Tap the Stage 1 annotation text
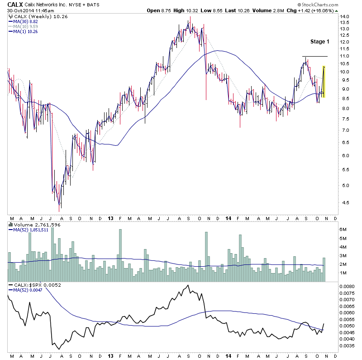(320, 42)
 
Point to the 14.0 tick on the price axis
(344, 17)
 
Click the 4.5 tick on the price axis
(343, 202)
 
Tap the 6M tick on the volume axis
(343, 230)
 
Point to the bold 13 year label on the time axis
(110, 218)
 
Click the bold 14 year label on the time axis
(227, 218)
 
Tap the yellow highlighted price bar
(324, 82)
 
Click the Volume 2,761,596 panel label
(30, 225)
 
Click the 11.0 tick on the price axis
(344, 56)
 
